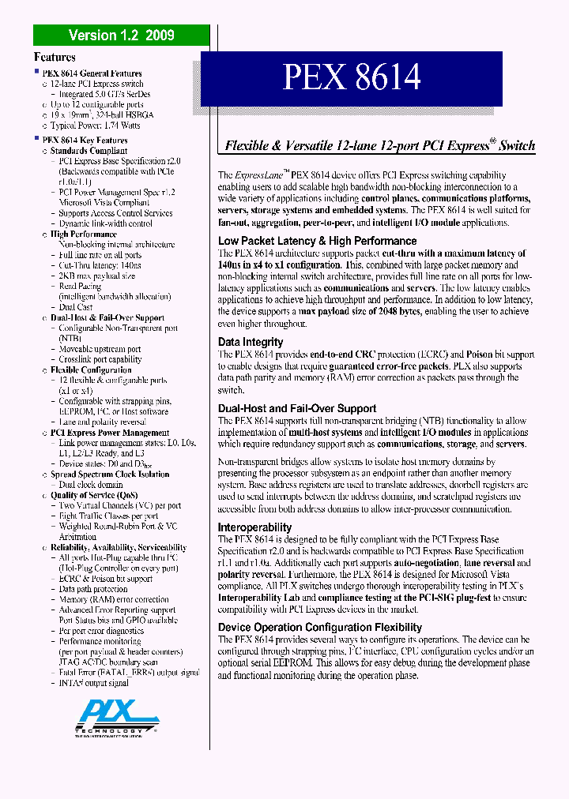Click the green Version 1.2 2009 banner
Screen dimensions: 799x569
[121, 35]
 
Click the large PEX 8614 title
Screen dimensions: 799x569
[352, 77]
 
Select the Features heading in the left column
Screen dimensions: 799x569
[55, 57]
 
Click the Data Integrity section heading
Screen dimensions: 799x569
[251, 342]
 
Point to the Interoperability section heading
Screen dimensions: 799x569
[255, 527]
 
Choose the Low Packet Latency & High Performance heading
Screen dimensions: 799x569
[317, 241]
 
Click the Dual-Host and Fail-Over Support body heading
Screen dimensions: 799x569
[297, 408]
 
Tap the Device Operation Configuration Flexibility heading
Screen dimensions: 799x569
[320, 627]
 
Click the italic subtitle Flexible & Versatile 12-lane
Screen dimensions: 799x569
[380, 145]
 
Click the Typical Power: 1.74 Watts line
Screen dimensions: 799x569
[96, 126]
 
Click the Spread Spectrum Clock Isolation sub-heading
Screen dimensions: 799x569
[110, 475]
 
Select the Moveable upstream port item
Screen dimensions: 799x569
[100, 349]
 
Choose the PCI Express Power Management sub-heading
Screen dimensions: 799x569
[110, 433]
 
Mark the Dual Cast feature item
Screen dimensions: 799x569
[76, 307]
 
